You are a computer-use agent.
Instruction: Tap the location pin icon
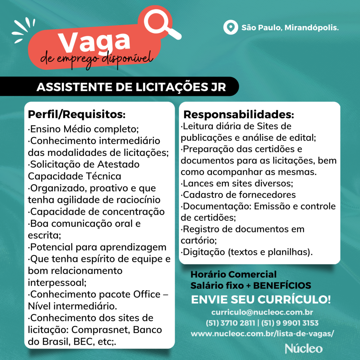[230, 27]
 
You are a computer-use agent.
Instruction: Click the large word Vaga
[94, 41]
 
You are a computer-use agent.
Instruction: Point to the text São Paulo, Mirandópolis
[290, 27]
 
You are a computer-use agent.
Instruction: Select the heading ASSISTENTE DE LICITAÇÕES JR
[131, 87]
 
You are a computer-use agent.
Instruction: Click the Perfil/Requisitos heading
[77, 114]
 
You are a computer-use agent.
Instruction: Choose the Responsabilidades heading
[239, 115]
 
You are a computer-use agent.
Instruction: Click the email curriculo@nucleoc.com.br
[262, 312]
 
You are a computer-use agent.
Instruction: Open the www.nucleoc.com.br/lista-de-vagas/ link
[262, 333]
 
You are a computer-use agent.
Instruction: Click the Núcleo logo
[303, 348]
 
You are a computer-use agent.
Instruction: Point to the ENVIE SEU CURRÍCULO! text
[261, 300]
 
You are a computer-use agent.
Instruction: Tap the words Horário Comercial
[233, 274]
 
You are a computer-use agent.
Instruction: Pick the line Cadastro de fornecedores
[239, 194]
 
